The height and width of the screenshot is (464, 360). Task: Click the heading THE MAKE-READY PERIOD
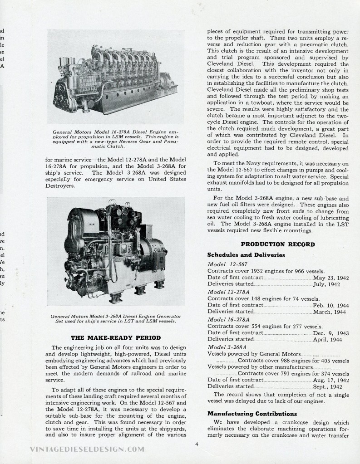click(x=116, y=337)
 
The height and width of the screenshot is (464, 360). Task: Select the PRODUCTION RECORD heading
click(x=278, y=244)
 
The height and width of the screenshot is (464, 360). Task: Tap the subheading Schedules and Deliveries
click(x=246, y=255)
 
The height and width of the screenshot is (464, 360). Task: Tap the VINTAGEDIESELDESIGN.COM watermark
click(x=86, y=449)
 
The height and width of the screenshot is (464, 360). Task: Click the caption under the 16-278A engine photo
click(x=116, y=139)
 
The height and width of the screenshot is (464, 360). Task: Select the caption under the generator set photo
click(x=116, y=318)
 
